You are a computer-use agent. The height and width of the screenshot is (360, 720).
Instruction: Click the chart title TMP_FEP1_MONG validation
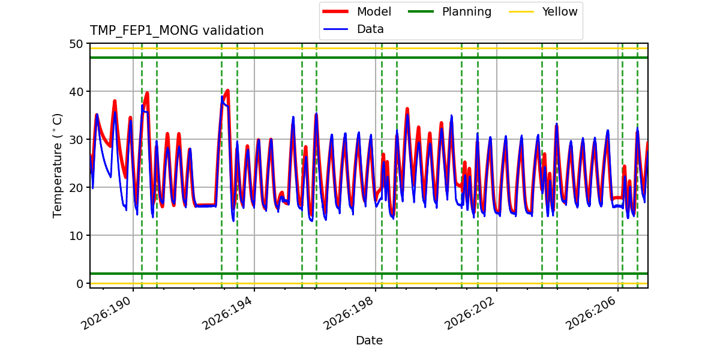pyautogui.click(x=176, y=31)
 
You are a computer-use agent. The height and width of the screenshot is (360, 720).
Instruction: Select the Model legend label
pyautogui.click(x=374, y=11)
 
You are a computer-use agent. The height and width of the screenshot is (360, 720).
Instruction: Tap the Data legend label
pyautogui.click(x=370, y=29)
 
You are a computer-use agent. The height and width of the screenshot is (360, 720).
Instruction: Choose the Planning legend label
pyautogui.click(x=467, y=12)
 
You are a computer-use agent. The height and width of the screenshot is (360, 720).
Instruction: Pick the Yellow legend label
pyautogui.click(x=560, y=11)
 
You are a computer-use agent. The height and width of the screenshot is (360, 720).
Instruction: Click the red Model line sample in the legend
pyautogui.click(x=335, y=11)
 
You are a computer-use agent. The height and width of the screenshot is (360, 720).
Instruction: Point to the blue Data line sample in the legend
pyautogui.click(x=335, y=29)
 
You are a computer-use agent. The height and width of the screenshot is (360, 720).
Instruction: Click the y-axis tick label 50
pyautogui.click(x=76, y=44)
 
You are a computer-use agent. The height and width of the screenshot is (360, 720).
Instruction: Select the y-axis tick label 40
pyautogui.click(x=76, y=92)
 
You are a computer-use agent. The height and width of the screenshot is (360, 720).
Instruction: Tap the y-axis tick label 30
pyautogui.click(x=76, y=140)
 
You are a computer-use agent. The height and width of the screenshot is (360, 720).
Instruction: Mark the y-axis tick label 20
pyautogui.click(x=76, y=188)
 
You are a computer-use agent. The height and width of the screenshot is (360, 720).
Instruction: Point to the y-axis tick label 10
pyautogui.click(x=76, y=236)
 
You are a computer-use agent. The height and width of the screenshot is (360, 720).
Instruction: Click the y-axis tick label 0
pyautogui.click(x=79, y=284)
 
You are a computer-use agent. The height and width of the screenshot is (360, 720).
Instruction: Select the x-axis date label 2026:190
pyautogui.click(x=106, y=313)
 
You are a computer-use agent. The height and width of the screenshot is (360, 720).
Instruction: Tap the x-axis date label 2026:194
pyautogui.click(x=227, y=313)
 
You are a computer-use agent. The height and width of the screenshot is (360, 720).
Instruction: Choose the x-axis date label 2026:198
pyautogui.click(x=349, y=313)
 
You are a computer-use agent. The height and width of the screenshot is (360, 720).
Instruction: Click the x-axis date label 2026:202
pyautogui.click(x=470, y=313)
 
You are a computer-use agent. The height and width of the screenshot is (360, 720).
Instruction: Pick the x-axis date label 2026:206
pyautogui.click(x=591, y=313)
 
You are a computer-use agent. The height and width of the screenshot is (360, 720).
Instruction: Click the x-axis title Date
pyautogui.click(x=369, y=340)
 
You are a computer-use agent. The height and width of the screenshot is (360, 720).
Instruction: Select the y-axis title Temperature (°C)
pyautogui.click(x=57, y=166)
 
